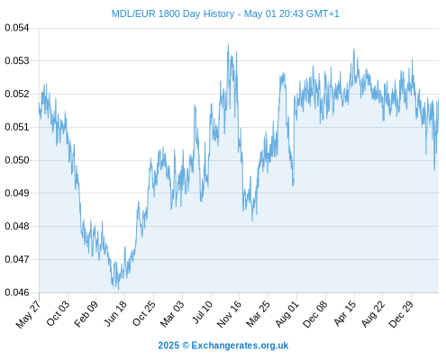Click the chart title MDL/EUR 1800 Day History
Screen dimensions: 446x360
(x=173, y=13)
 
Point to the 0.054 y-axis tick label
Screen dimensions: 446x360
(x=17, y=28)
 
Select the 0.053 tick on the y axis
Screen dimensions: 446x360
(x=17, y=61)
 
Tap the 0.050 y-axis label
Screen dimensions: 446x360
(x=17, y=160)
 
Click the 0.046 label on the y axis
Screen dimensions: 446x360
(x=17, y=292)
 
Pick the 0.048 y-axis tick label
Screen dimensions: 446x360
(x=17, y=226)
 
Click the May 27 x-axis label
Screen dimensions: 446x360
(x=28, y=314)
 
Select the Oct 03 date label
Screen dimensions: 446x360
(x=58, y=313)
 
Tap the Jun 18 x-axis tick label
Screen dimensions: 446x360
(x=115, y=313)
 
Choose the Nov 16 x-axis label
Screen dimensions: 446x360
(x=229, y=314)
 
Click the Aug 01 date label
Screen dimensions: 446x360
(x=287, y=314)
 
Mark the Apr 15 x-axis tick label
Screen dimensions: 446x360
(x=345, y=313)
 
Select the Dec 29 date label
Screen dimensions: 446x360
(x=401, y=314)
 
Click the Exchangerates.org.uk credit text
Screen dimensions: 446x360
(x=240, y=346)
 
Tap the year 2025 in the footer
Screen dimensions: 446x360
(x=168, y=346)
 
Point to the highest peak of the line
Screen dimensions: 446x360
(x=228, y=44)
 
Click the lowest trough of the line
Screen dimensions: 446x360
(x=118, y=290)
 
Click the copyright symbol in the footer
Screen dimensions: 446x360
(x=186, y=346)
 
